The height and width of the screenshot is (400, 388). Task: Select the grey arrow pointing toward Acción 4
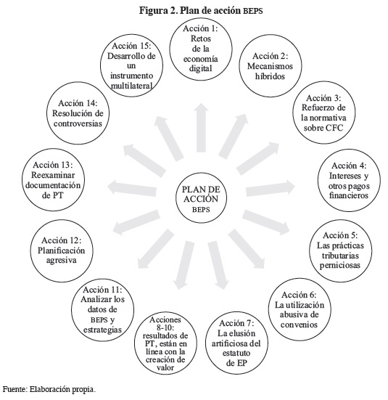271,188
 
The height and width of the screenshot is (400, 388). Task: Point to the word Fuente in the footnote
15,390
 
